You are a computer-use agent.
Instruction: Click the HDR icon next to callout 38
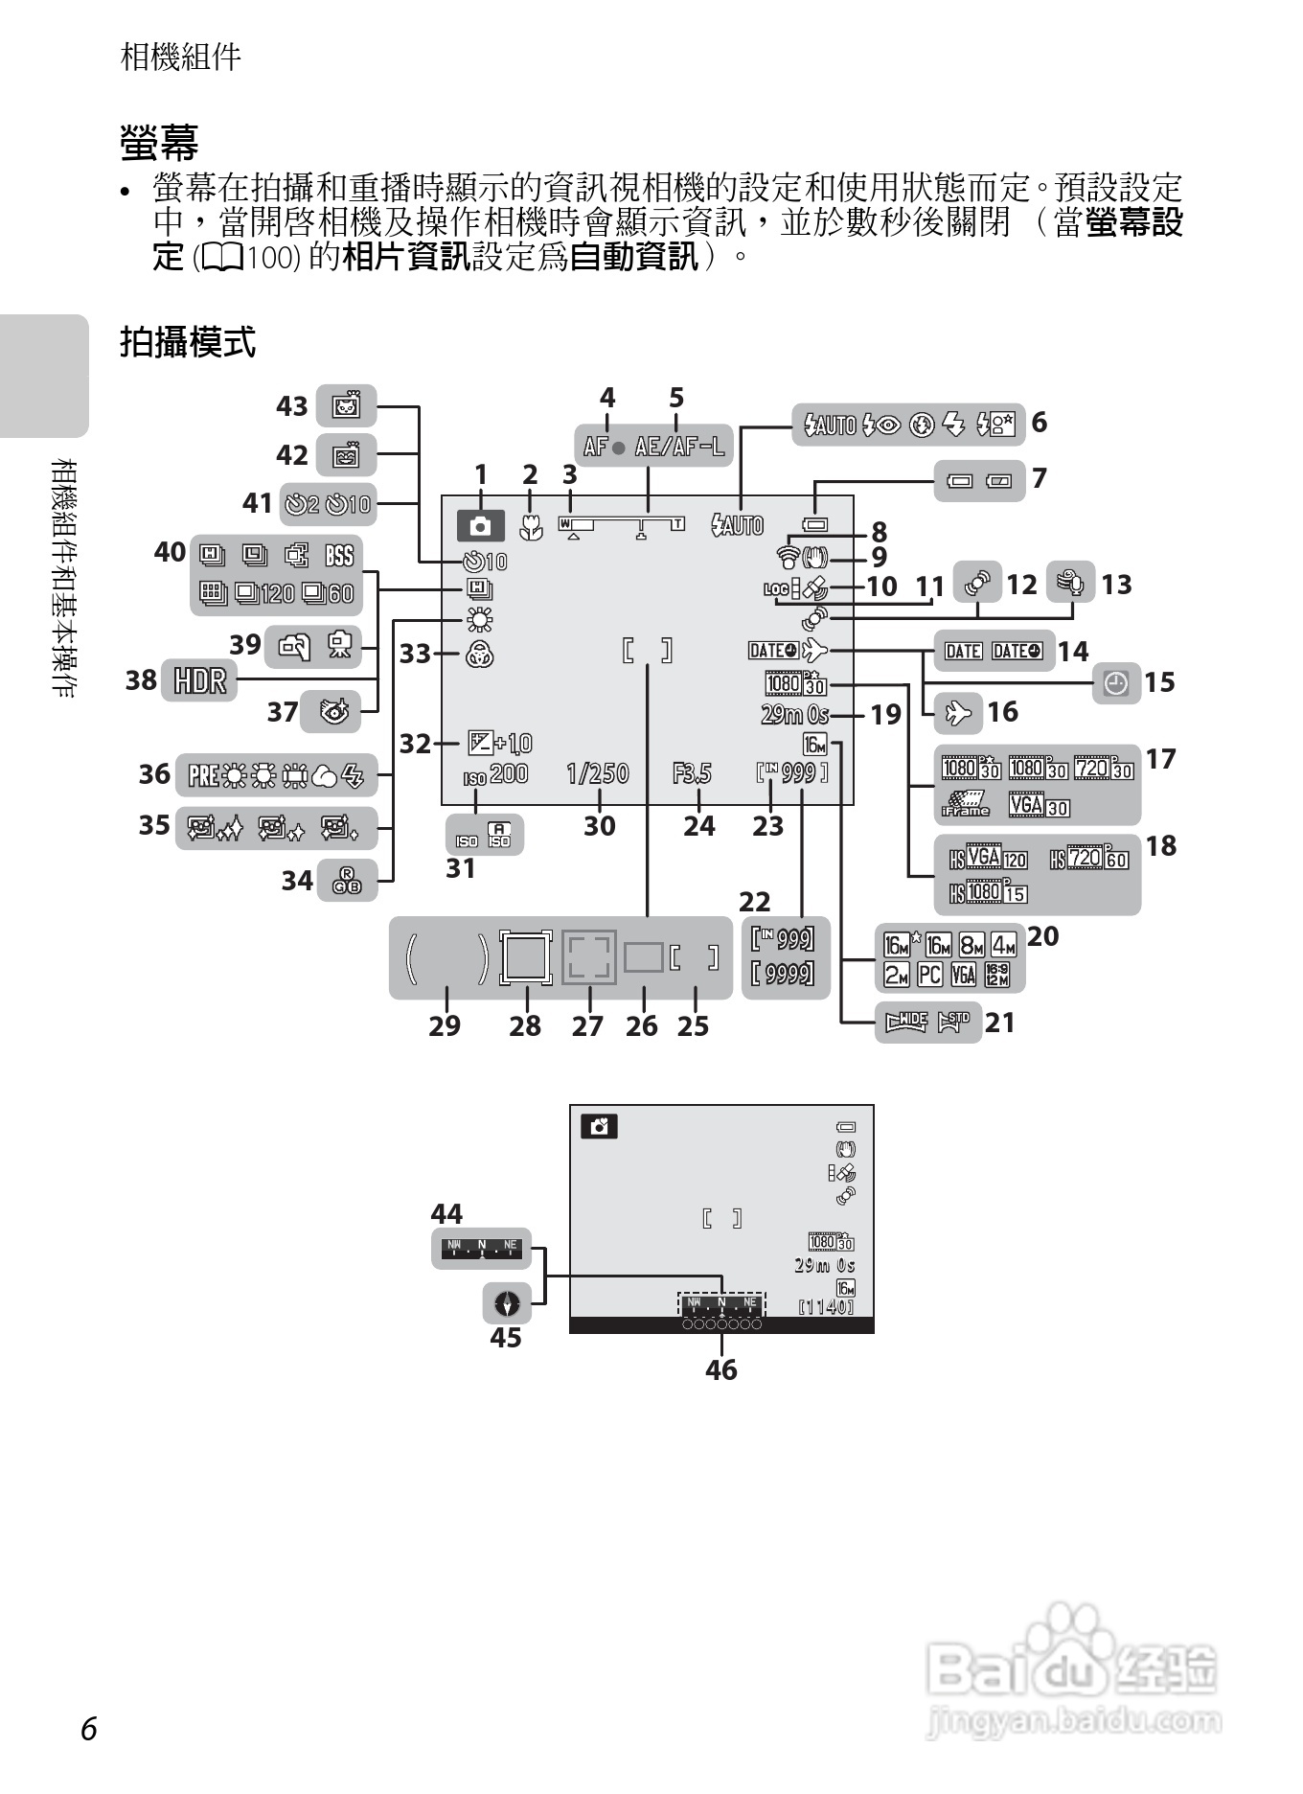[x=199, y=680]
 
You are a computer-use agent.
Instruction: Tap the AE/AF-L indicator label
[x=679, y=446]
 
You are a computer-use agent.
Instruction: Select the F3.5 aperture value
[x=692, y=772]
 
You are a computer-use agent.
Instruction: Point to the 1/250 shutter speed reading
[x=597, y=772]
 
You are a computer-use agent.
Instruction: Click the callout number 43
[x=292, y=406]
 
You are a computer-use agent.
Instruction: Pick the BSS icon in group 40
[x=339, y=555]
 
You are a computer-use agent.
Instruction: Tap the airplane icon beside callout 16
[x=957, y=712]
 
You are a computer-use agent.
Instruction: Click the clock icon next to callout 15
[x=1116, y=683]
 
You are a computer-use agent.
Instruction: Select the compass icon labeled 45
[x=507, y=1303]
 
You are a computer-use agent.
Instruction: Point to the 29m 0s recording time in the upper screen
[x=794, y=714]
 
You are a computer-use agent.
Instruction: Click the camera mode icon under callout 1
[x=481, y=524]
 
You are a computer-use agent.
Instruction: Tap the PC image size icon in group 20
[x=929, y=975]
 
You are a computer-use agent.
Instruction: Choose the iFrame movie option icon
[x=965, y=804]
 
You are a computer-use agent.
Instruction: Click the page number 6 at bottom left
[x=89, y=1728]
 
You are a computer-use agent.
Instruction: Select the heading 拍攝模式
[x=188, y=341]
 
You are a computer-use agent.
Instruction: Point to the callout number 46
[x=721, y=1369]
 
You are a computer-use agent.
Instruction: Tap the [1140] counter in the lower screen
[x=826, y=1306]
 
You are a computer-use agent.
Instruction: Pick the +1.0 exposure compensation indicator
[x=500, y=743]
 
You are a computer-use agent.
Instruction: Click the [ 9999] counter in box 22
[x=784, y=974]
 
